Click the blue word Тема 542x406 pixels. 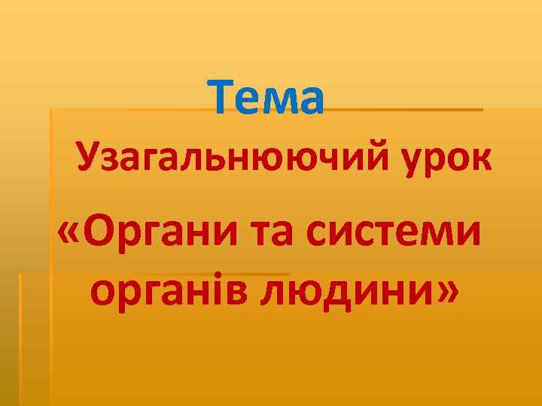tap(267, 98)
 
